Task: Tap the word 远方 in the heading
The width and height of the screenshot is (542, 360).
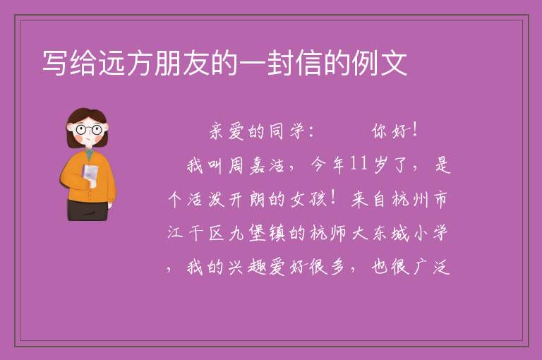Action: pyautogui.click(x=126, y=63)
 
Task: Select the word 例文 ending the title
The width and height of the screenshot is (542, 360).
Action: pyautogui.click(x=379, y=63)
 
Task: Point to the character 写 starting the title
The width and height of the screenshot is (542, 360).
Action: pyautogui.click(x=54, y=63)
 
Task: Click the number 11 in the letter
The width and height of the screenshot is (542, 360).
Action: pyautogui.click(x=358, y=164)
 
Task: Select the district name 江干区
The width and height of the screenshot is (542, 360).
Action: pyautogui.click(x=195, y=233)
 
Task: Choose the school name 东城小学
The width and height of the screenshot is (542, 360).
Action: pyautogui.click(x=410, y=233)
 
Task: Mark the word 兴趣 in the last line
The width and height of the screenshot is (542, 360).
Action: pyautogui.click(x=246, y=267)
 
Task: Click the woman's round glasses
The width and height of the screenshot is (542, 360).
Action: pyautogui.click(x=89, y=130)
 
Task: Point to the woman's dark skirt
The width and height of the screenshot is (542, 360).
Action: pyautogui.click(x=88, y=209)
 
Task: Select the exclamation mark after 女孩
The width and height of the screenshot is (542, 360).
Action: pyautogui.click(x=333, y=198)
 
